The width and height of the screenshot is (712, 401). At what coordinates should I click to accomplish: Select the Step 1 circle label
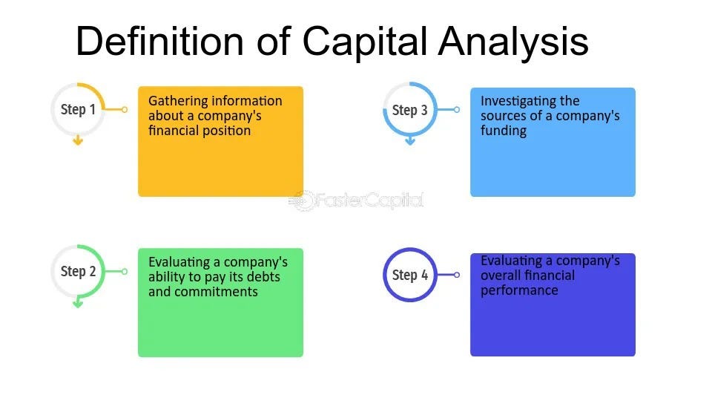(78, 110)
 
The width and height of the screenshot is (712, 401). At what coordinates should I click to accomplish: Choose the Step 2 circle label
(78, 272)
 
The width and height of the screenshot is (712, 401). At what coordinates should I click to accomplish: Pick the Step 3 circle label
(410, 111)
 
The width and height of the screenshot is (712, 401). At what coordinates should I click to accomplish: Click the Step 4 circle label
(410, 276)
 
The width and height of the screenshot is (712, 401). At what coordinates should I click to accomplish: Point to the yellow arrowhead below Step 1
(78, 141)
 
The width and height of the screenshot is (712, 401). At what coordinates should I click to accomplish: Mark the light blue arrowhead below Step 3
(410, 141)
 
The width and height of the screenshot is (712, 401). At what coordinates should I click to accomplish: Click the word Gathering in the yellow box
(179, 101)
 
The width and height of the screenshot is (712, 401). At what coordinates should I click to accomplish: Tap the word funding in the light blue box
(504, 131)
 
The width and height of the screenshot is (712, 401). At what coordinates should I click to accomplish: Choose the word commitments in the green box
(216, 292)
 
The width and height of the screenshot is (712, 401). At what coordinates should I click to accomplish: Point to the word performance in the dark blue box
(519, 290)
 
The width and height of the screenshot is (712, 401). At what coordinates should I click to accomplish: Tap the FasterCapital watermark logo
(356, 200)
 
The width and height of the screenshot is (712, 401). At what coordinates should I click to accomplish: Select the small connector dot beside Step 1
(125, 109)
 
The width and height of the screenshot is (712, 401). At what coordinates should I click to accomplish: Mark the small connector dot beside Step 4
(457, 275)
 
